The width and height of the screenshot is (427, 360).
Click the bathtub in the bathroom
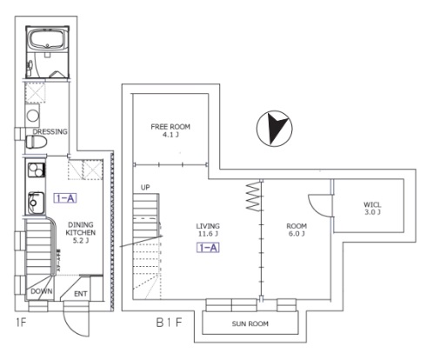(47, 40)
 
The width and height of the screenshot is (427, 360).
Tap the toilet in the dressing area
(37, 143)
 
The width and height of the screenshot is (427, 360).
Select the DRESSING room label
(50, 131)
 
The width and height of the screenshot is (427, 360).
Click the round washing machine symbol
(33, 116)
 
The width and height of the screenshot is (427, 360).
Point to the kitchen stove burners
(37, 170)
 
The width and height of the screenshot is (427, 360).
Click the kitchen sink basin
(37, 203)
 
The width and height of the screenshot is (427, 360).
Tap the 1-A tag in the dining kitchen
(65, 198)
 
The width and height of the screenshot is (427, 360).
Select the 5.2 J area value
(81, 241)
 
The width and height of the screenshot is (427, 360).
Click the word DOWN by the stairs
(42, 291)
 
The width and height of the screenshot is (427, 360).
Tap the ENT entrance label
(81, 294)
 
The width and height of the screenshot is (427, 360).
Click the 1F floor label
(21, 322)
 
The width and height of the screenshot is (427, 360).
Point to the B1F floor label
(170, 323)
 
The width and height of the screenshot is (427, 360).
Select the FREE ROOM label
(170, 127)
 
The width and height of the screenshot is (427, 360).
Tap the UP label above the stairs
(145, 188)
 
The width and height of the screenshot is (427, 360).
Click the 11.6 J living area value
(208, 234)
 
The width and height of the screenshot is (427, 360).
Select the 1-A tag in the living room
(208, 248)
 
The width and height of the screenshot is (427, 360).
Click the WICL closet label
(372, 204)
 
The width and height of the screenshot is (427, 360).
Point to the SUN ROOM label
(250, 323)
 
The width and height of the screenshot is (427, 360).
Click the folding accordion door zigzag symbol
(253, 197)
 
